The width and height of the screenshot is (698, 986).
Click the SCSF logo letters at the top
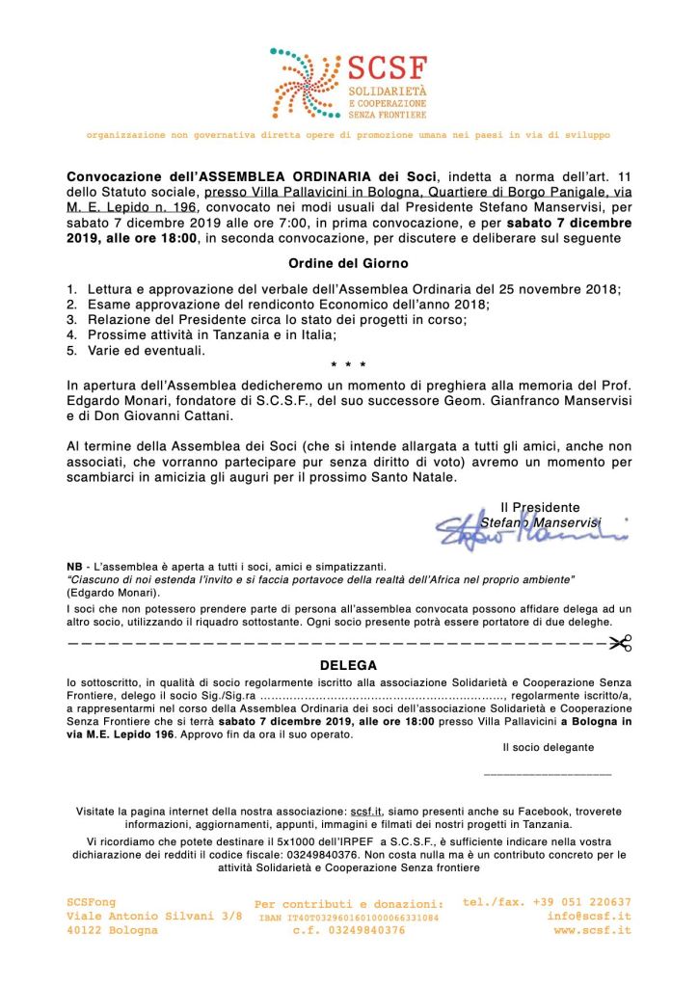(387, 69)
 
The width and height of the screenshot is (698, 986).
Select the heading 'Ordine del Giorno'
(348, 263)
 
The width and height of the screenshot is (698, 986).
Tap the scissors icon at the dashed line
(621, 643)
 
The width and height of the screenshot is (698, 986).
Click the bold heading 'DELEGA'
(348, 665)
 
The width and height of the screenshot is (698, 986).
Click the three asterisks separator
(348, 367)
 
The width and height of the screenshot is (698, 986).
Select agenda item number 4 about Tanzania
(211, 334)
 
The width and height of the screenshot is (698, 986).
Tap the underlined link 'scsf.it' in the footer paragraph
(365, 812)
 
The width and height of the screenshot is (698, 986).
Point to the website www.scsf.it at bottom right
(592, 930)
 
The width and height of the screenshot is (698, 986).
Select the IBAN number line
(348, 918)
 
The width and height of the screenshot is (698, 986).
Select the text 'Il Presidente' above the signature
(540, 507)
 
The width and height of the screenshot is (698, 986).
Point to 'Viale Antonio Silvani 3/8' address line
(154, 916)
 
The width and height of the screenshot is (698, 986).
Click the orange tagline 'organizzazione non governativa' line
(348, 135)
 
